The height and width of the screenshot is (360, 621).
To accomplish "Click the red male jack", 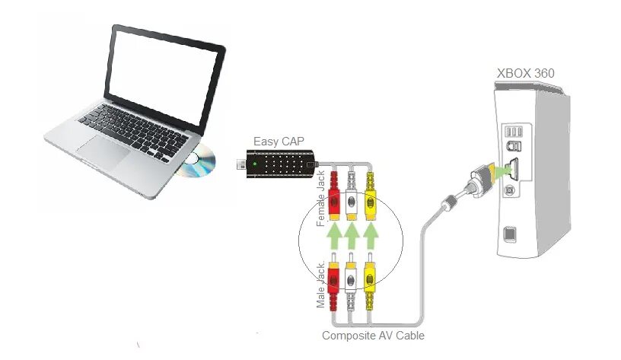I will click(x=333, y=278).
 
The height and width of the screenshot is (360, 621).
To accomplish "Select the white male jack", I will click(x=351, y=278).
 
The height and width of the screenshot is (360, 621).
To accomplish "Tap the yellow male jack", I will click(x=371, y=278).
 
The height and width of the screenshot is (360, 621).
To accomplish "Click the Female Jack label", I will click(x=320, y=199).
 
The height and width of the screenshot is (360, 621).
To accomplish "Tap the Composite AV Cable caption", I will click(x=373, y=336).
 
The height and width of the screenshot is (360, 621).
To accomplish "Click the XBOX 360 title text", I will click(x=525, y=74).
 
